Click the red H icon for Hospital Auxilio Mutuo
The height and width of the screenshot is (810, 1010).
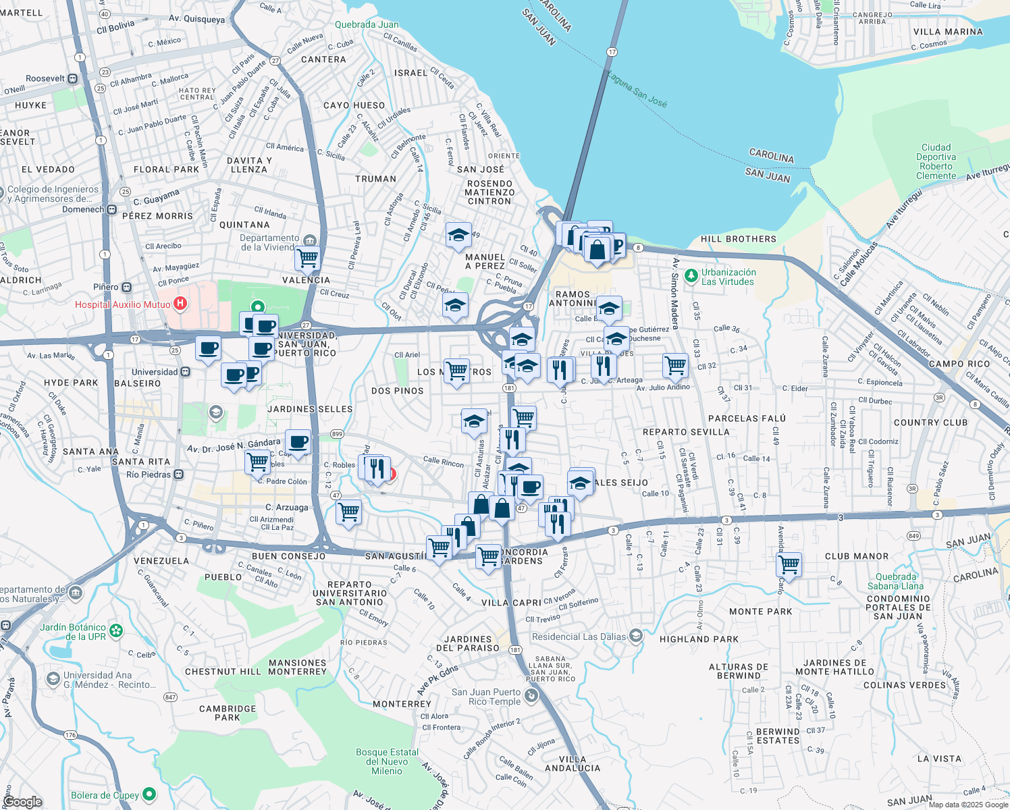pos(180,304)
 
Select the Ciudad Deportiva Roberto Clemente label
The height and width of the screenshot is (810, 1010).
pos(936,162)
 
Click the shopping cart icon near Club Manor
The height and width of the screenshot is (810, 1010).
pos(789,564)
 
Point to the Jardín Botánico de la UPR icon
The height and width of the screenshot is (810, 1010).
pos(117,631)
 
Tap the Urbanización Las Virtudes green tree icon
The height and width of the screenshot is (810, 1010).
pos(691,275)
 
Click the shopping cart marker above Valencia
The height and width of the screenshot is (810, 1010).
pos(308,257)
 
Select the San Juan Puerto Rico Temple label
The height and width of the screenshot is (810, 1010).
pos(486,697)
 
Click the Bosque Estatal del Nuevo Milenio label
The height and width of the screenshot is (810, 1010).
pos(387,761)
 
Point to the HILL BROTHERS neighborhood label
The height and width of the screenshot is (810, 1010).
pos(738,239)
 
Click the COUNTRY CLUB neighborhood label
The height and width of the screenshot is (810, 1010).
pos(930,423)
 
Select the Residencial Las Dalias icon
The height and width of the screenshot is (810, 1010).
pos(635,636)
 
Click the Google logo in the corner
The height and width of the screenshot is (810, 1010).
pos(22,801)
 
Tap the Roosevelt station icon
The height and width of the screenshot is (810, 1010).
pos(72,78)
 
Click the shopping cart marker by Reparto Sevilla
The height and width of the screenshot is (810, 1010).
pos(675,366)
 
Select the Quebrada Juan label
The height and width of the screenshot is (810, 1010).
pos(367,24)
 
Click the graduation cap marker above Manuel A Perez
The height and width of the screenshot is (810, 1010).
pos(458,236)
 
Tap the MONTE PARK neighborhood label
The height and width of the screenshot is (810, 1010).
pos(760,612)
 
